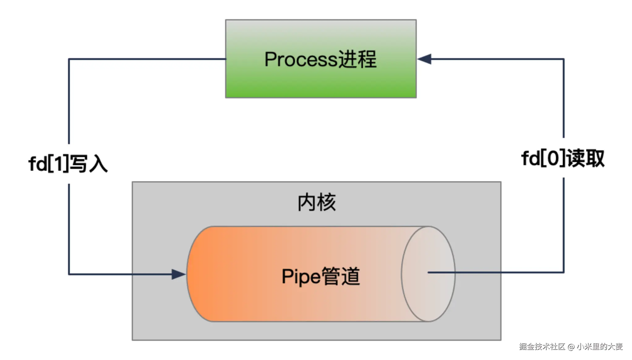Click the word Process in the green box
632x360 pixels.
point(300,59)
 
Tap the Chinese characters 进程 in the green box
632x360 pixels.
point(357,59)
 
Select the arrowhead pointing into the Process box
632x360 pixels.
point(424,59)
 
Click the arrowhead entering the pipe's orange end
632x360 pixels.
point(178,274)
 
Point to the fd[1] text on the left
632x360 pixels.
point(49,164)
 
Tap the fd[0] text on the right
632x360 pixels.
point(543,159)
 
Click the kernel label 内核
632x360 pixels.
point(316,203)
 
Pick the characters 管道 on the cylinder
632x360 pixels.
point(341,276)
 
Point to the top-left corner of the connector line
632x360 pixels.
point(69,59)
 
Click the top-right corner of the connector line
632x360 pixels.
point(563,59)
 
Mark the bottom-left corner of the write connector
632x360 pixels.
point(69,274)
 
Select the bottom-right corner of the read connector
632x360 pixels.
point(563,272)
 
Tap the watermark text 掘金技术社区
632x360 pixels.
point(542,347)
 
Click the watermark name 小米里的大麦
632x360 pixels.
point(599,347)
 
